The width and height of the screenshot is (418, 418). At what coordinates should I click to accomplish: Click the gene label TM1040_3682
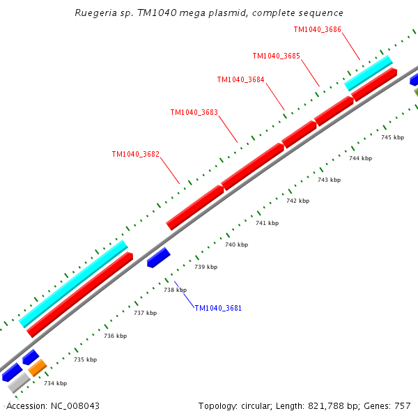click(136, 154)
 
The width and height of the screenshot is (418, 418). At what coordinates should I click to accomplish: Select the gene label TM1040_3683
click(194, 112)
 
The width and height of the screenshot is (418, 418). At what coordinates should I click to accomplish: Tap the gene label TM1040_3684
click(240, 79)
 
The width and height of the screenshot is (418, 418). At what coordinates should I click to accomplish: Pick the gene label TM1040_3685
click(276, 56)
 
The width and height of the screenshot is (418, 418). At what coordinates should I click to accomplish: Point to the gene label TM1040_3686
click(317, 30)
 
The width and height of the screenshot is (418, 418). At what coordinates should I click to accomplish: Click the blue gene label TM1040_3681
click(218, 308)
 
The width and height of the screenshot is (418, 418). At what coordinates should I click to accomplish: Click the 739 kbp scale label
click(206, 267)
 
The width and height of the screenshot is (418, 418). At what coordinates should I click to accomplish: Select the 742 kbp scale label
click(297, 201)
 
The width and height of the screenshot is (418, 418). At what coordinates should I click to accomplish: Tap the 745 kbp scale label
click(392, 137)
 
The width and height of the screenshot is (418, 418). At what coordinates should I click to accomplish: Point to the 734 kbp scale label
click(55, 383)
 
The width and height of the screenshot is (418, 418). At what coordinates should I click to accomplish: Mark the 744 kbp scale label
click(360, 158)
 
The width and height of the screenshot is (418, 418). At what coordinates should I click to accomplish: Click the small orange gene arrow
click(38, 367)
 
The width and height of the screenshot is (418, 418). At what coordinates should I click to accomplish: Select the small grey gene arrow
click(18, 382)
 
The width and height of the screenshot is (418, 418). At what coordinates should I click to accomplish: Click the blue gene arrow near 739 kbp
click(159, 257)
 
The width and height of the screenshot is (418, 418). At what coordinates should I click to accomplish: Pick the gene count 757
click(403, 405)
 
